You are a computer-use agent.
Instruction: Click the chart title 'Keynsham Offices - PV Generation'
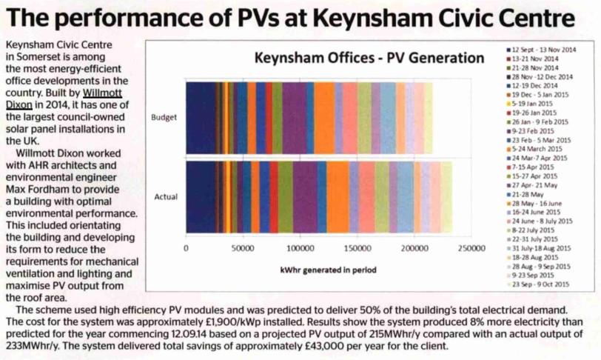pos(369,58)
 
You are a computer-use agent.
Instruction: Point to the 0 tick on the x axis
pos(185,248)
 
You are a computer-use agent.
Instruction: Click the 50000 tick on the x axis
pos(243,248)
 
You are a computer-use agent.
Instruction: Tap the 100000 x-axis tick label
pos(299,248)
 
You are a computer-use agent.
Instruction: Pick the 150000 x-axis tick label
pos(356,248)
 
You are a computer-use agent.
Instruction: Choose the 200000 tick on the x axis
pos(413,248)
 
